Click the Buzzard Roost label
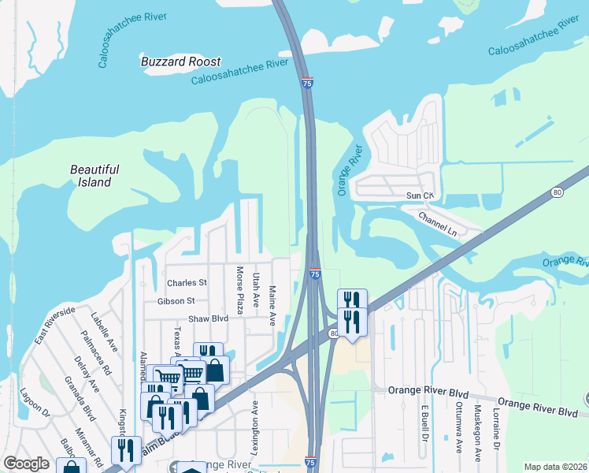click(x=180, y=61)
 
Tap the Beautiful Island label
click(x=94, y=176)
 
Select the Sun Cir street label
click(x=420, y=196)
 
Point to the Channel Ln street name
click(x=437, y=222)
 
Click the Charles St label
click(x=187, y=283)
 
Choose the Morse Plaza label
click(x=240, y=288)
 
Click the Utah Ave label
click(x=256, y=290)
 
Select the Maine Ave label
click(x=273, y=306)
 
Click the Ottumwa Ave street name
click(x=459, y=430)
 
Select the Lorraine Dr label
click(x=497, y=429)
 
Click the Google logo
click(x=26, y=464)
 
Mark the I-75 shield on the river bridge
click(x=306, y=82)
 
